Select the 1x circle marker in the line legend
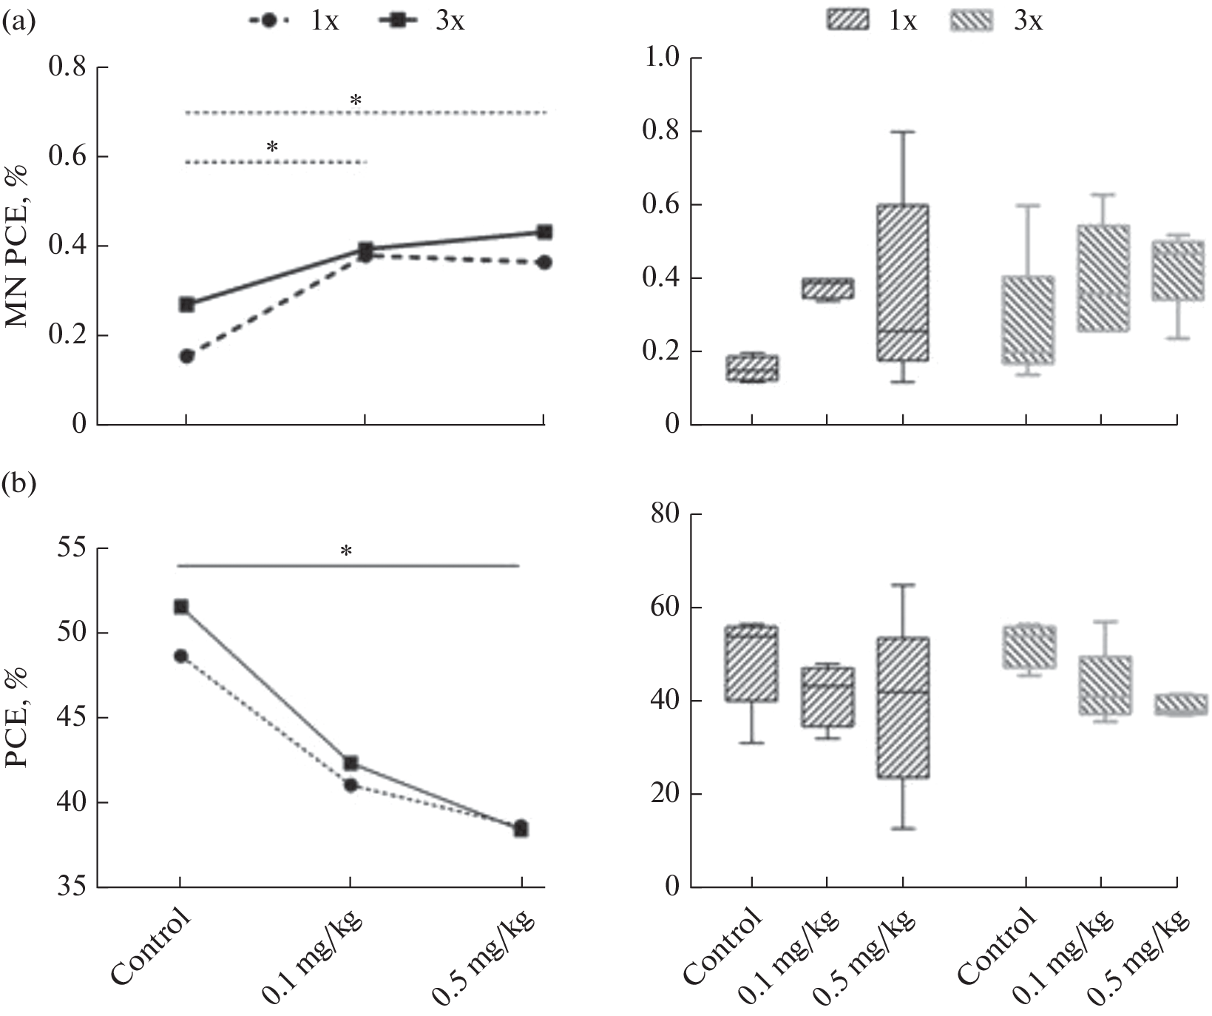pyautogui.click(x=269, y=21)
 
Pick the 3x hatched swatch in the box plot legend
pyautogui.click(x=970, y=21)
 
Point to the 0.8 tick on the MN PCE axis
pyautogui.click(x=67, y=68)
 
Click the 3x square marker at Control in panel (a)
pyautogui.click(x=187, y=304)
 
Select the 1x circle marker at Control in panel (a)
pyautogui.click(x=187, y=356)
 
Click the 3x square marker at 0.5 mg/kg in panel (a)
pyautogui.click(x=544, y=232)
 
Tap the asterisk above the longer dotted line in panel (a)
pyautogui.click(x=356, y=101)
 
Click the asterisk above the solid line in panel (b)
pyautogui.click(x=346, y=551)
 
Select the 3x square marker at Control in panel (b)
pyautogui.click(x=180, y=607)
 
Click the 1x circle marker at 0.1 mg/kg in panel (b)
pyautogui.click(x=351, y=785)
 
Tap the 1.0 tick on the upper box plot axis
pyautogui.click(x=662, y=58)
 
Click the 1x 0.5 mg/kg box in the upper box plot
pyautogui.click(x=902, y=282)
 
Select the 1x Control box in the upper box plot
pyautogui.click(x=752, y=368)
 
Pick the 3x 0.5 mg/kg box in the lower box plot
pyautogui.click(x=1176, y=704)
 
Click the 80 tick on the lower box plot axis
pyautogui.click(x=663, y=514)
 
